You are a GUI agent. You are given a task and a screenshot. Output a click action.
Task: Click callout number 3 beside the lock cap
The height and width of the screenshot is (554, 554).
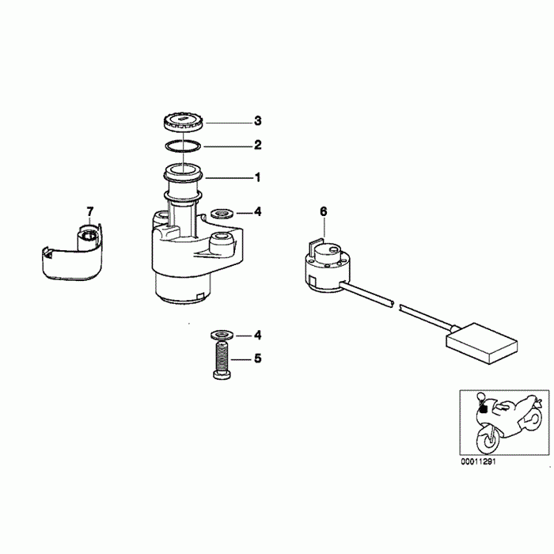[x=258, y=121]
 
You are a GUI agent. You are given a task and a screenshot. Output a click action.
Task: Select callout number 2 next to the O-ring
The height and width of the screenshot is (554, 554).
[x=258, y=145]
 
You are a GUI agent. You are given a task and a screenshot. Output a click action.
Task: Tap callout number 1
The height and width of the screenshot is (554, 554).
[x=258, y=177]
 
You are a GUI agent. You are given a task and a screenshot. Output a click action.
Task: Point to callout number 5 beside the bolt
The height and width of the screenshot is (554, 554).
[x=258, y=359]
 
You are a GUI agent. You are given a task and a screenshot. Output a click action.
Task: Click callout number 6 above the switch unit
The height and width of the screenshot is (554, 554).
[x=324, y=211]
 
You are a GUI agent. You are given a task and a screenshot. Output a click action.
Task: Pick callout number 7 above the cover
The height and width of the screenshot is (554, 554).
[x=90, y=211]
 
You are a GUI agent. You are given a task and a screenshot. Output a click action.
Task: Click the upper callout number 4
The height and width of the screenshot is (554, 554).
[x=258, y=211]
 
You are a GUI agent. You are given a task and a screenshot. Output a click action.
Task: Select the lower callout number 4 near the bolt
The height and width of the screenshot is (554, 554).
[x=258, y=335]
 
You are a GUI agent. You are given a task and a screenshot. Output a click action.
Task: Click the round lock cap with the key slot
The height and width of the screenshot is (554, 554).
[x=184, y=122]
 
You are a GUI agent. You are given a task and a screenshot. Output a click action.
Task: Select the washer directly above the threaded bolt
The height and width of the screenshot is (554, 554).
[x=222, y=334]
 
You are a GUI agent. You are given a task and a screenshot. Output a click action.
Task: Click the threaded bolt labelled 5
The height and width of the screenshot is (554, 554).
[x=222, y=359]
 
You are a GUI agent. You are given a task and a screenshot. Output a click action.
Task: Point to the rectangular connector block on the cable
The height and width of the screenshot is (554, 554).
[x=482, y=343]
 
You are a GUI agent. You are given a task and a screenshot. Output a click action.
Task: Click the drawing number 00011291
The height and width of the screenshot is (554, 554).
[x=478, y=461]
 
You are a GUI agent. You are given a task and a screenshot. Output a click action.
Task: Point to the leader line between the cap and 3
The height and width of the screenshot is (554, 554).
[x=228, y=123]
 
